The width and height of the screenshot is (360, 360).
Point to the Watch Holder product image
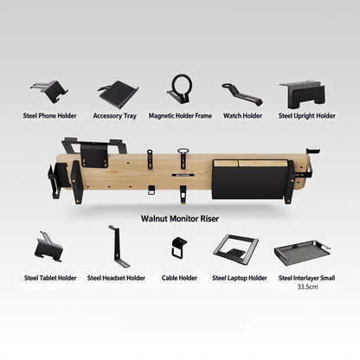(x=241, y=94)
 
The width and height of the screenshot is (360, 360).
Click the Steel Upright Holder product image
(x=303, y=94)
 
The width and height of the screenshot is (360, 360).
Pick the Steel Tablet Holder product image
(x=49, y=247)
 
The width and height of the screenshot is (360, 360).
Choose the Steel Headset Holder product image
(x=119, y=247)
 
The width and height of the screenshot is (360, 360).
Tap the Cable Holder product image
(x=179, y=247)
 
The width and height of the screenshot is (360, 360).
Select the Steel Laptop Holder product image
(x=236, y=248)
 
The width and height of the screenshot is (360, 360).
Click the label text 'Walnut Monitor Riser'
(x=180, y=219)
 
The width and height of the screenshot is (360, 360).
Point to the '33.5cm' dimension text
(x=307, y=286)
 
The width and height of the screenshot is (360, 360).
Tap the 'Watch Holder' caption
(x=242, y=116)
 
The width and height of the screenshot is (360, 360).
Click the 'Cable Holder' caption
(x=179, y=278)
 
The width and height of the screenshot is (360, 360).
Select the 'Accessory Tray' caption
(x=114, y=116)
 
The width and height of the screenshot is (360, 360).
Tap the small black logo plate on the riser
(x=183, y=175)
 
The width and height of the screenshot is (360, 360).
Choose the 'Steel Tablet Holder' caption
(x=50, y=278)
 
